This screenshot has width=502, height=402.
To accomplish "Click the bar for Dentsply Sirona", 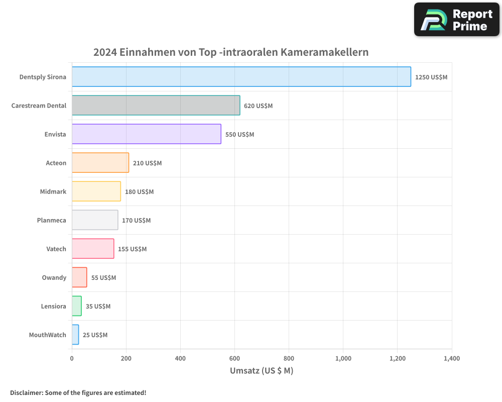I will point(241,77).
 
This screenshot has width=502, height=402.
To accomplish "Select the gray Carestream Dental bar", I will point(156,106).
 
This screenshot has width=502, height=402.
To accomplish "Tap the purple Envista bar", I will point(146,134).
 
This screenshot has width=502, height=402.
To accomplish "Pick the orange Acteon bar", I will point(100,163).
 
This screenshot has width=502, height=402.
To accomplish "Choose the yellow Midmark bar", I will point(96,191).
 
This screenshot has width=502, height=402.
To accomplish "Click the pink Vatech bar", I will point(92,249).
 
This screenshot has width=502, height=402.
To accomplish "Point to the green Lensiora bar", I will point(76,306).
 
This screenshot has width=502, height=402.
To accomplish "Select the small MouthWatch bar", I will point(75,335).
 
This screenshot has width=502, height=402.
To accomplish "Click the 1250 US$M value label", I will point(431,77).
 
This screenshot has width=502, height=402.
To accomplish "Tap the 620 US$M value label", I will point(258,106).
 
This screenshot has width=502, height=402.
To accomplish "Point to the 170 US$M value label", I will point(136,220).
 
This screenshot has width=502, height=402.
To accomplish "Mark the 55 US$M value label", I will point(103,277).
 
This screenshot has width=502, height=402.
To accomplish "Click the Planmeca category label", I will point(51,220).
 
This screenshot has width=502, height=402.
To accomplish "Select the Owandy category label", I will point(54,277).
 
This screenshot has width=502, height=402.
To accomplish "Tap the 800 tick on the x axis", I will point(289,358).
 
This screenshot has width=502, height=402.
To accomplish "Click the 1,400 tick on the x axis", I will point(451,358).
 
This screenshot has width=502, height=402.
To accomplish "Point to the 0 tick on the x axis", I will point(72,358).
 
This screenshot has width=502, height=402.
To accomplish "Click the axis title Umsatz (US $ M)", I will point(262,371).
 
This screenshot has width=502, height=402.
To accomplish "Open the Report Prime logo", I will point(456,20).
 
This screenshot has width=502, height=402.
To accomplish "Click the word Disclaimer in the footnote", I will point(26,392).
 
